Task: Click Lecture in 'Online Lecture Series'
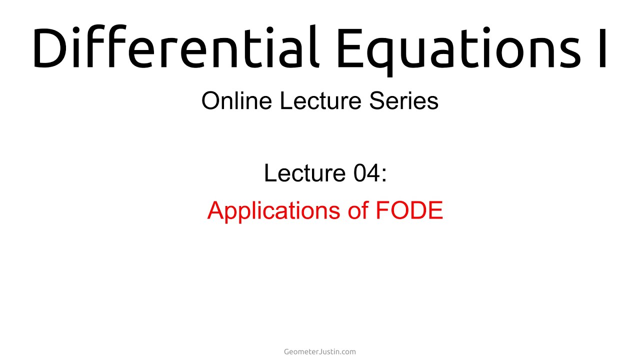pyautogui.click(x=321, y=101)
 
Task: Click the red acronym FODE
pyautogui.click(x=409, y=210)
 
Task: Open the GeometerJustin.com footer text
pyautogui.click(x=320, y=351)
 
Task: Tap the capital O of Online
pyautogui.click(x=210, y=101)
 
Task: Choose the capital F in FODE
pyautogui.click(x=382, y=210)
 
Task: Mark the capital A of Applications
pyautogui.click(x=215, y=210)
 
